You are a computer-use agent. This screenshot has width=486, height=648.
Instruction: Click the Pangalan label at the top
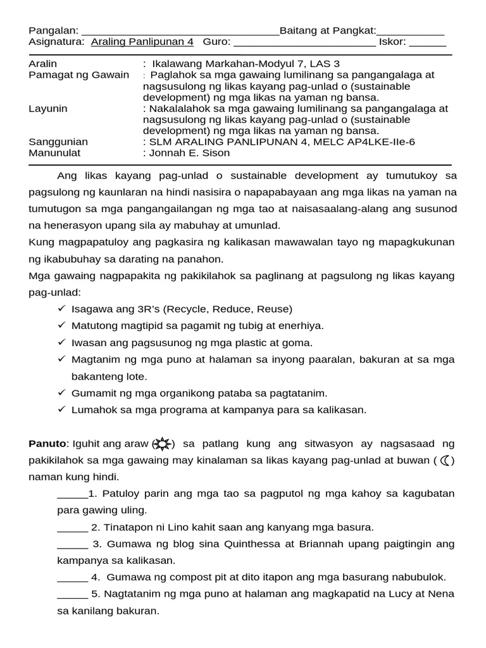click(x=53, y=31)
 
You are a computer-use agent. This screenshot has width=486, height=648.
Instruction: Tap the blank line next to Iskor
click(x=428, y=44)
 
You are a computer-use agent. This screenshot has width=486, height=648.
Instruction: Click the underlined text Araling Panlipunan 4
click(x=142, y=42)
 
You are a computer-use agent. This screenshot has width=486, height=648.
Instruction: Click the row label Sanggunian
click(x=59, y=142)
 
